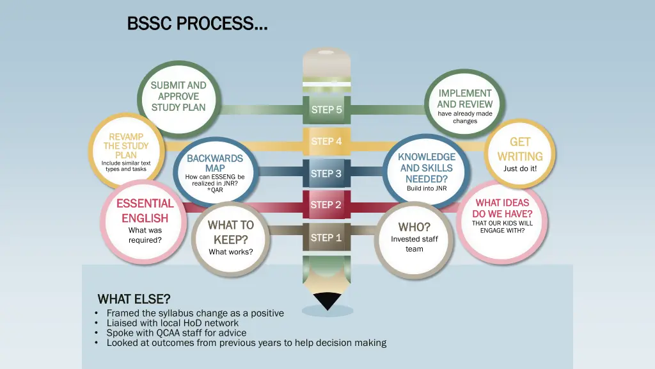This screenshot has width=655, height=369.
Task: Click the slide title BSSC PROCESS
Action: (197, 24)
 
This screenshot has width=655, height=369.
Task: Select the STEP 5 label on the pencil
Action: (326, 110)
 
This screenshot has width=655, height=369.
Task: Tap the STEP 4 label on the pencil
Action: (326, 141)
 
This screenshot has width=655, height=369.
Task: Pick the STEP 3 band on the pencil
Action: (326, 174)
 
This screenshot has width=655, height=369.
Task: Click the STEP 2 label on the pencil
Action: (326, 205)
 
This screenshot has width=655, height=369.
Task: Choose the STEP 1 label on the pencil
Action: (326, 238)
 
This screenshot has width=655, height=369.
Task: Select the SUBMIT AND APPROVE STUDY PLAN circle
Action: (178, 97)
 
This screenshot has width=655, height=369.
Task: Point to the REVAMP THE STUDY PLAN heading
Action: (126, 145)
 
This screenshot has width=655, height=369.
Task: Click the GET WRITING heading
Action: (520, 149)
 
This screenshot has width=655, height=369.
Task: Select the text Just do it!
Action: (520, 169)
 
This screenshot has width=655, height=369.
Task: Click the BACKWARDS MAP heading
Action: (215, 163)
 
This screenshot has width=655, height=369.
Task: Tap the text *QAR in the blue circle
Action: (215, 190)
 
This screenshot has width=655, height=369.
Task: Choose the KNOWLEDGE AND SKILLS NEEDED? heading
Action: (427, 168)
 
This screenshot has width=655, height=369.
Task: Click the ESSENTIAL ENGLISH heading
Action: (145, 211)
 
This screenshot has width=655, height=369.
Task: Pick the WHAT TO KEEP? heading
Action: (230, 232)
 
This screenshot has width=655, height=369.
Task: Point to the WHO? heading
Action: (414, 227)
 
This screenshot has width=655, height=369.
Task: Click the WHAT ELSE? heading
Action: (134, 299)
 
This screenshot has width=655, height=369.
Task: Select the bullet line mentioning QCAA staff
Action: (176, 332)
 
